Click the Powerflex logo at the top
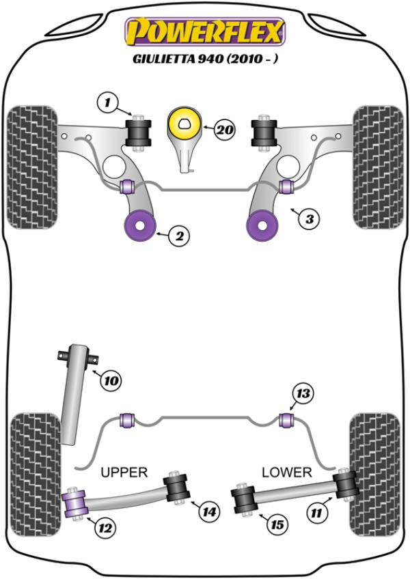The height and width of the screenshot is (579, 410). point(204,31)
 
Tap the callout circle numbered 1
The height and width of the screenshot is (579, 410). point(107,103)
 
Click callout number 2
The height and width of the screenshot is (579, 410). point(178,236)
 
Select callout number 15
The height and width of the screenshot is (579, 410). point(276,524)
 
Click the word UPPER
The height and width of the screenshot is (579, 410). point(124,472)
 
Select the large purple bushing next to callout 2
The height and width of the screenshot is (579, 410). point(139,225)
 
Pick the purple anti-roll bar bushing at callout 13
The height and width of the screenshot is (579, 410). point(287,418)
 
